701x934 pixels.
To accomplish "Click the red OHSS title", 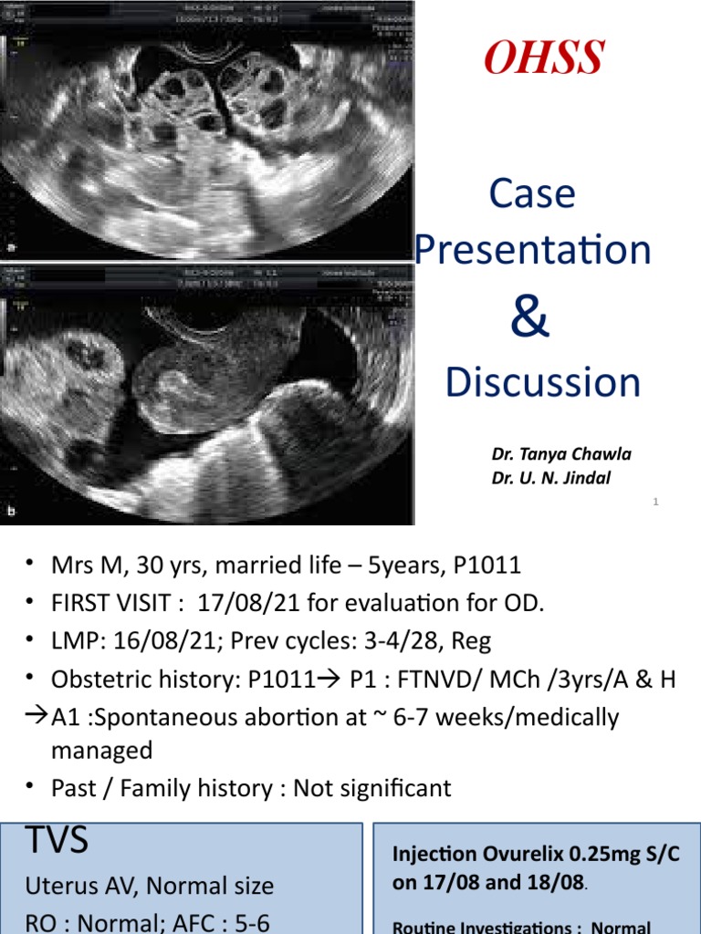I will click(x=543, y=58).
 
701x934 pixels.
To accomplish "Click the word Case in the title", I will click(x=532, y=194).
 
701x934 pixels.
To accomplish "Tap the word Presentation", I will click(x=533, y=250).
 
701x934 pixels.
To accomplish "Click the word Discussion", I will click(x=542, y=383).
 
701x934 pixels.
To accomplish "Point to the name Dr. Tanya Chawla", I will click(x=561, y=454).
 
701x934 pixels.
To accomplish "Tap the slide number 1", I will click(x=656, y=502).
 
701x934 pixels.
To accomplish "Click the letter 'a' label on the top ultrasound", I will click(x=10, y=247).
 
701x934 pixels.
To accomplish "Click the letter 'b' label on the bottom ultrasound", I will click(x=10, y=513).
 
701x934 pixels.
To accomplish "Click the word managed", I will click(x=100, y=751).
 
